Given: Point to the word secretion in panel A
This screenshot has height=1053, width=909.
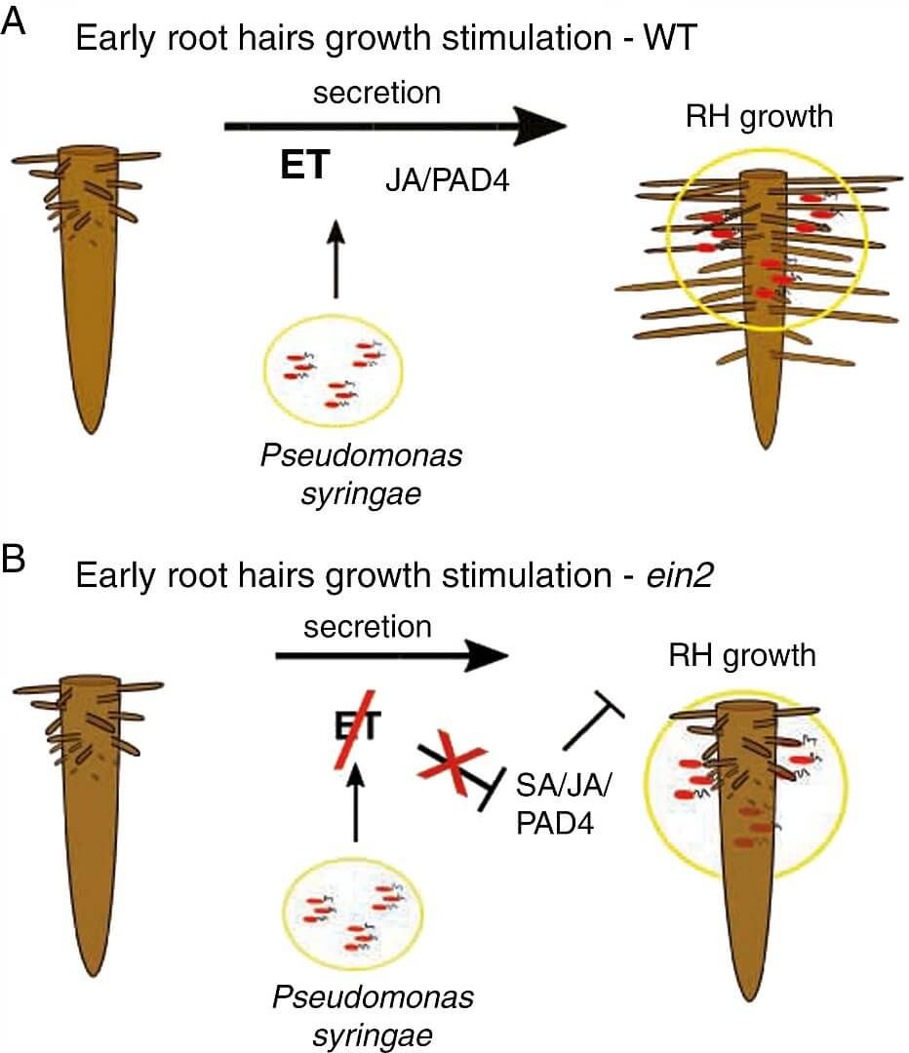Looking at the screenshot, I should (376, 94).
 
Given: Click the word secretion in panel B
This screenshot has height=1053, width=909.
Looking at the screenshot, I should (367, 626).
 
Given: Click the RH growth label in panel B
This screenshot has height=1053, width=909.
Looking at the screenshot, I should (741, 655).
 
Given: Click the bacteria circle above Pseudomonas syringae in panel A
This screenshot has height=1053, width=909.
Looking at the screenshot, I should (336, 373).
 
